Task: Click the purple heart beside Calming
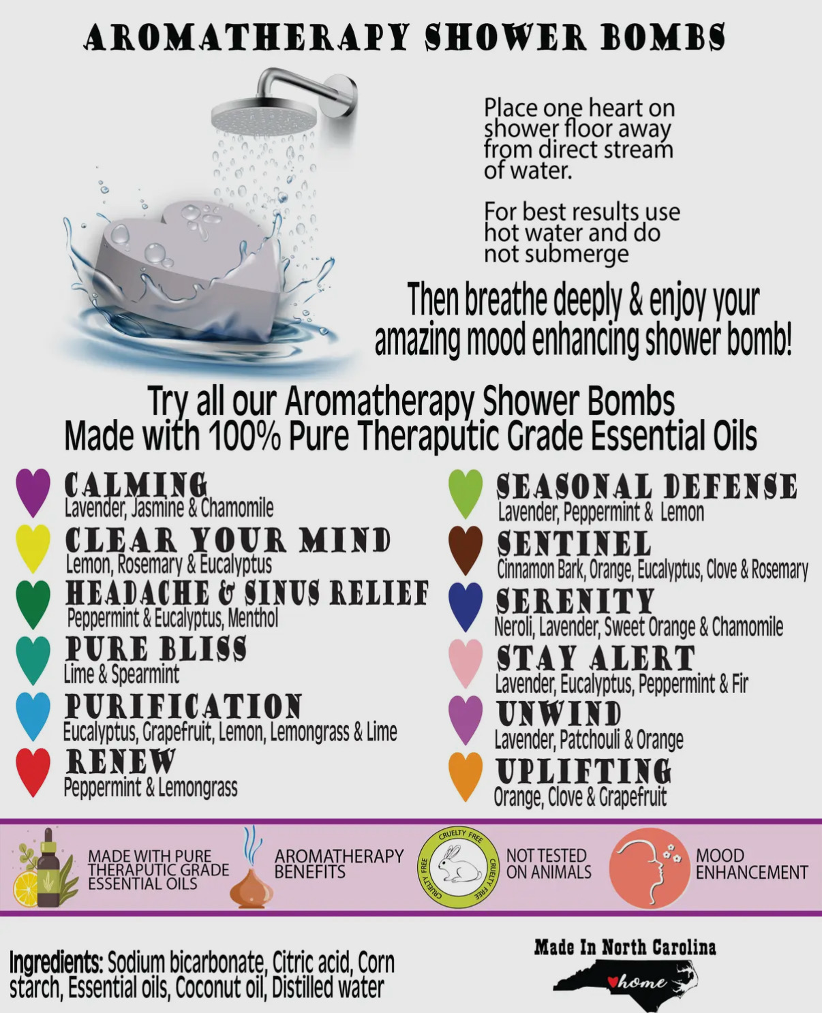click(33, 492)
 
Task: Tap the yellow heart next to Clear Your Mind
click(33, 547)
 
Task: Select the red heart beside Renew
click(33, 771)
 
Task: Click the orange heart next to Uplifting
click(466, 776)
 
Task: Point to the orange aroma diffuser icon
click(251, 879)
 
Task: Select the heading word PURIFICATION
click(183, 706)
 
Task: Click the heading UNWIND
click(559, 714)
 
